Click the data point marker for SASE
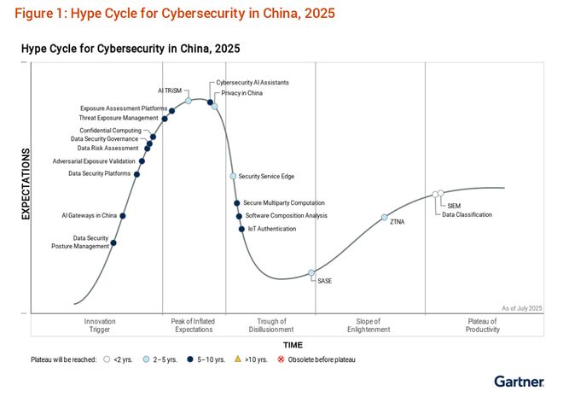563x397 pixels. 311,272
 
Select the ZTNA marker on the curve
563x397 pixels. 385,218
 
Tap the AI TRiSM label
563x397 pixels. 171,90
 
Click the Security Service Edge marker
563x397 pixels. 233,176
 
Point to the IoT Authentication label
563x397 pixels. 272,229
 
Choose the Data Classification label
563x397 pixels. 467,214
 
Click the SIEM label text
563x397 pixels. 454,206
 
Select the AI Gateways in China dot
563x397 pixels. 123,216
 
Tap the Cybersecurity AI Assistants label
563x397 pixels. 252,83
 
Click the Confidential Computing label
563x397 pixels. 110,131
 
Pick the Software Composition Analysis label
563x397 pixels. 286,216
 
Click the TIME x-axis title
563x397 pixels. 293,345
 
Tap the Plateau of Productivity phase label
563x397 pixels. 482,325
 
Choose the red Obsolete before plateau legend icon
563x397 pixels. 282,359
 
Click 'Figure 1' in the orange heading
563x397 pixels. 38,14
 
